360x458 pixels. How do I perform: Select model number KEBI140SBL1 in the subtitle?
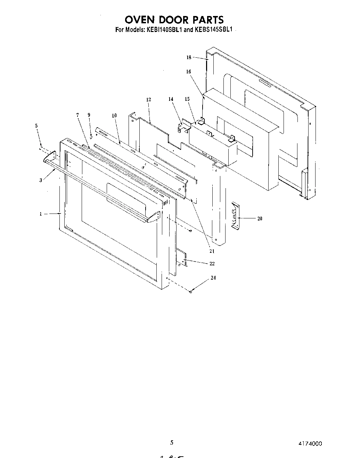163,30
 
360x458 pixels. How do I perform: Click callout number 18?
189,58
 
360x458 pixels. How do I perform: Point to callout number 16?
189,72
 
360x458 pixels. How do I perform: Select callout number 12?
149,100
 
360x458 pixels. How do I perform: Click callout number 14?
171,99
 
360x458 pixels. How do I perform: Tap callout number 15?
187,99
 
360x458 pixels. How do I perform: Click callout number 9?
89,115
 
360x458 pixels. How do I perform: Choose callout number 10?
114,115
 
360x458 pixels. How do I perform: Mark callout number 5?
37,126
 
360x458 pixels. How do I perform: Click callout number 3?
41,180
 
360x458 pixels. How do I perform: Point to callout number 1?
41,214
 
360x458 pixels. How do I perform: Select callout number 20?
260,219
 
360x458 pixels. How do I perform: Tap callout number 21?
212,251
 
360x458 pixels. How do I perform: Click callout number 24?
213,278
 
